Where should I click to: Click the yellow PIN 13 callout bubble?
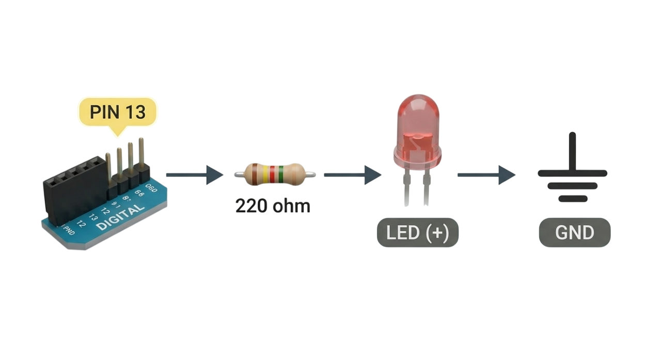[117, 112]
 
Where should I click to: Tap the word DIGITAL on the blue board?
[120, 218]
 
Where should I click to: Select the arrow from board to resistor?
[194, 175]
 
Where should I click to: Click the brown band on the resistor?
[255, 174]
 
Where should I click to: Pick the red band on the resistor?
[272, 174]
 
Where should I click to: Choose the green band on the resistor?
[280, 174]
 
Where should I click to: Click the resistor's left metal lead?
[238, 175]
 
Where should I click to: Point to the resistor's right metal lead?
[310, 175]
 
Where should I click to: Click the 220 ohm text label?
[273, 206]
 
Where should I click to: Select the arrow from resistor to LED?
[352, 175]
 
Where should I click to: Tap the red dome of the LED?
[417, 124]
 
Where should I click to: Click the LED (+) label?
[417, 233]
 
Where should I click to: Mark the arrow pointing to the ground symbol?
[486, 175]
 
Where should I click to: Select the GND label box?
[575, 232]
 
